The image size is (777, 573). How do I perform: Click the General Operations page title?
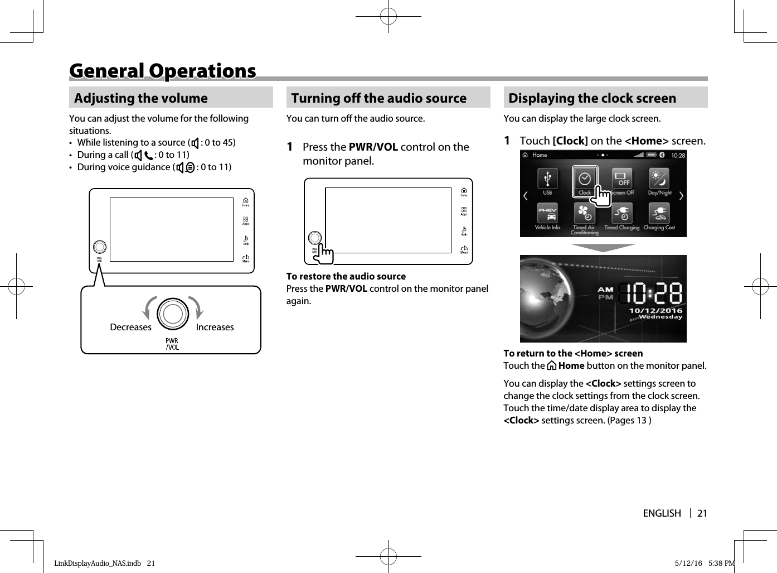coord(162,71)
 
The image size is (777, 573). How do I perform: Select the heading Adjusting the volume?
coord(140,98)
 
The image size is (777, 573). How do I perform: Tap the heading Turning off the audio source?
coord(378,98)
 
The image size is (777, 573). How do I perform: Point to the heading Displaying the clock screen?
coord(592,98)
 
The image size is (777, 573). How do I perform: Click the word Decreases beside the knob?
coord(130,328)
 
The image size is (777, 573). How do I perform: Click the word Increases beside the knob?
coord(215,328)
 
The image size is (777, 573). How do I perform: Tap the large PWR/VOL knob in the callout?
coord(173,314)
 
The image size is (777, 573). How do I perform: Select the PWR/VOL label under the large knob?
coord(172,344)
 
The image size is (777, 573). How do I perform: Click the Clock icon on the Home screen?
coord(585,180)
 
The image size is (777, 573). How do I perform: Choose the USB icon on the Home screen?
coord(547,179)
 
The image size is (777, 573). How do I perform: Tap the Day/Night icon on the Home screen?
coord(659,179)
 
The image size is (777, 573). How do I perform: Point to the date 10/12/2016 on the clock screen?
coord(655,310)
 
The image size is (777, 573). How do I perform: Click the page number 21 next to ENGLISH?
coord(702,513)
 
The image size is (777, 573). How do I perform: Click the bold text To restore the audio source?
coord(346,276)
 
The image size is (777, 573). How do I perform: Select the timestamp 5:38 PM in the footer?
coord(721,563)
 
